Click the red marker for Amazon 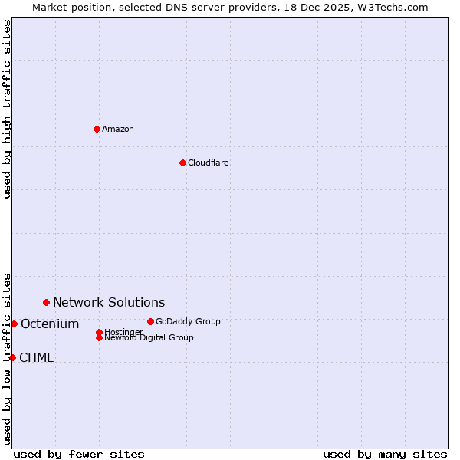pos(97,129)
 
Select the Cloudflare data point pos(182,163)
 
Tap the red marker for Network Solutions pos(46,302)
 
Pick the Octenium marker pos(14,324)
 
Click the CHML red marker pos(12,357)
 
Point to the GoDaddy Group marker pos(150,321)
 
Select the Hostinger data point pos(99,332)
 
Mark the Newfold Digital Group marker pos(99,337)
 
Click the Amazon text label pos(118,129)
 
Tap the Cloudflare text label pos(209,163)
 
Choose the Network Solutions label pos(109,302)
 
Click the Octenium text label pos(50,324)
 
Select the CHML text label pos(36,357)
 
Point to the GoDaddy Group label pos(188,321)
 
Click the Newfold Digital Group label pos(149,337)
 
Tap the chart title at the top pos(230,7)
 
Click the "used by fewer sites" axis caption pos(79,454)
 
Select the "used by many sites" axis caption pos(385,454)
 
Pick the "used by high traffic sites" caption pos(7,109)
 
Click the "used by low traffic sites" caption pos(7,358)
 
